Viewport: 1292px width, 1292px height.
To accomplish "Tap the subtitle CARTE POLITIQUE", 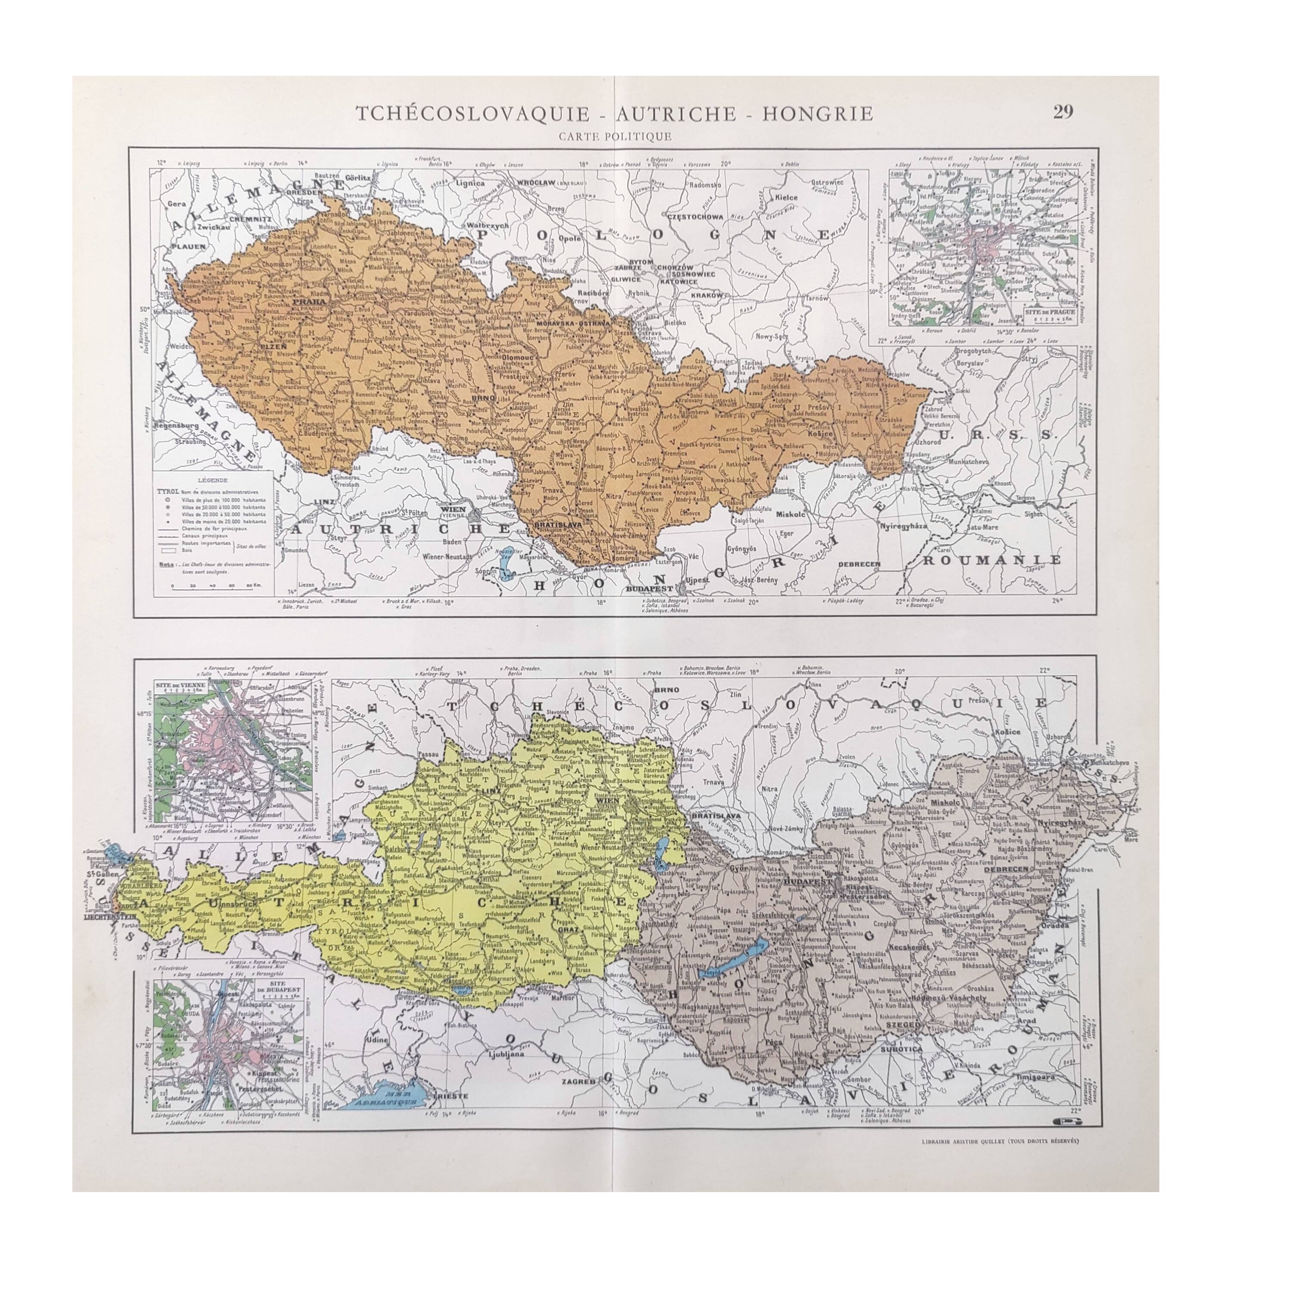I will (x=614, y=137).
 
